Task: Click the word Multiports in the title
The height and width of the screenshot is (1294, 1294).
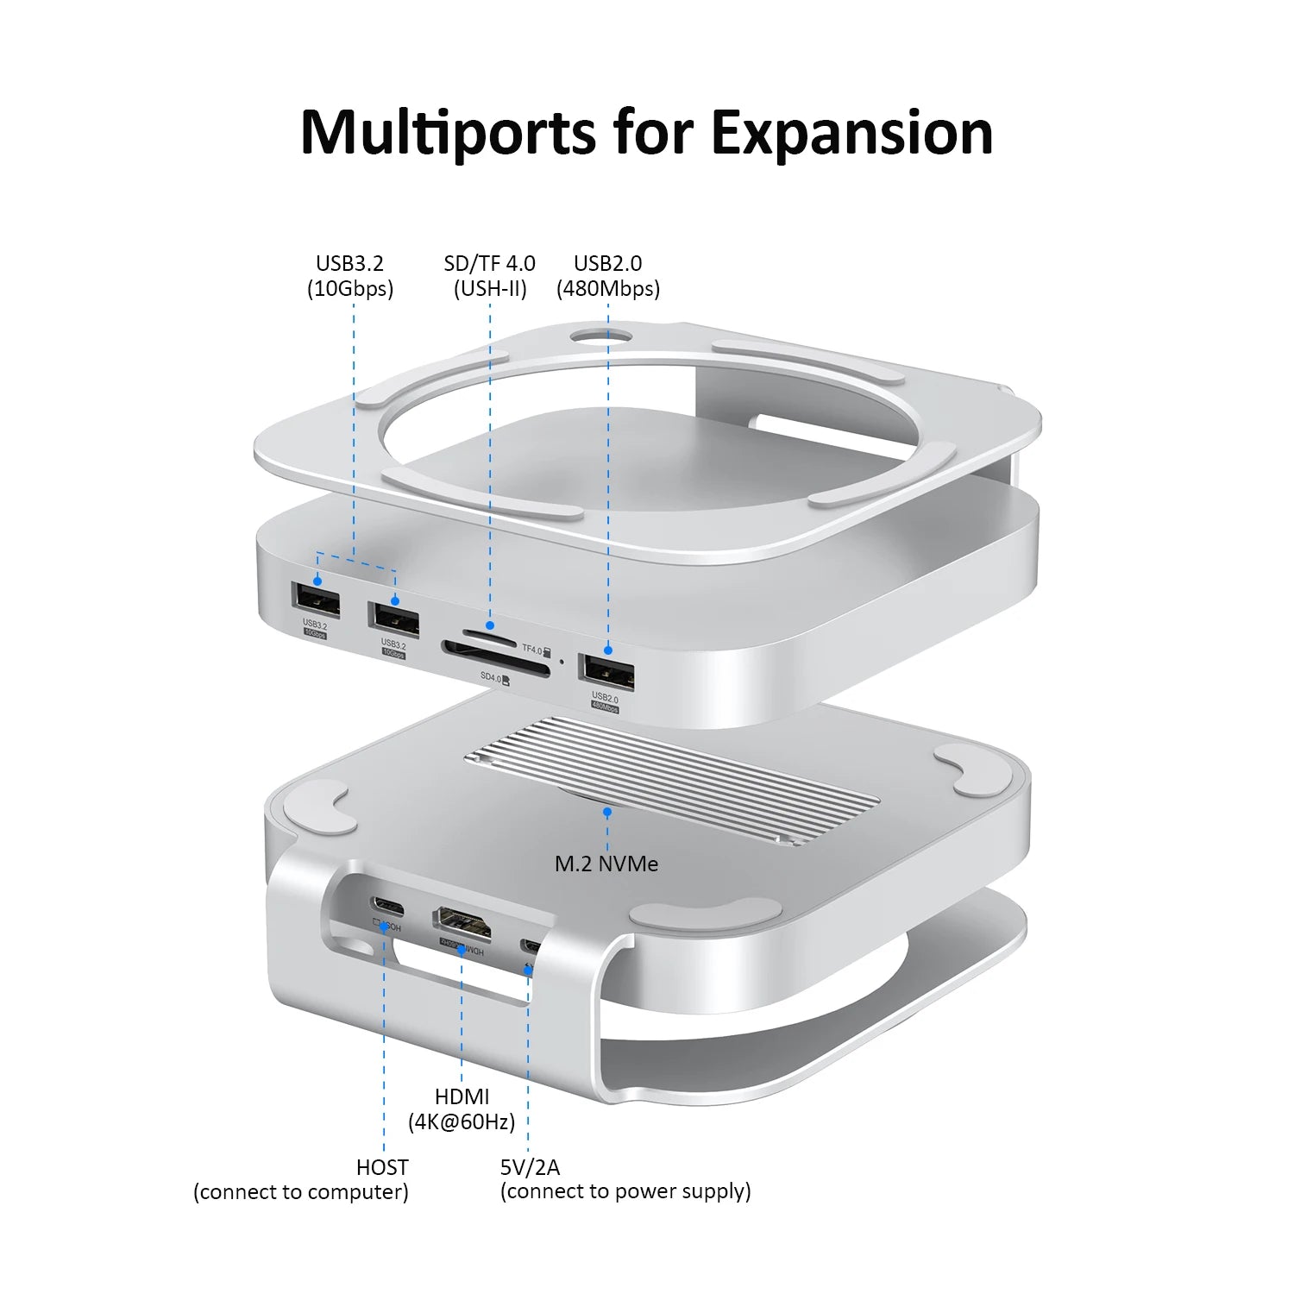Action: click(x=447, y=134)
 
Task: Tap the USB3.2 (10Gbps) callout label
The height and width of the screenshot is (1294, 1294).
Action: click(x=350, y=276)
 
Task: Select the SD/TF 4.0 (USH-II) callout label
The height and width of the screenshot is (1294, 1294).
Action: click(x=489, y=276)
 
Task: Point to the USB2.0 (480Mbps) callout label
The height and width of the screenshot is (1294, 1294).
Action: click(x=608, y=276)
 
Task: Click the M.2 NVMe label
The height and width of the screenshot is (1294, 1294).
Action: click(x=606, y=864)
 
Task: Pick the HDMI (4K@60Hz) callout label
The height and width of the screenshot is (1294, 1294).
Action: click(x=462, y=1109)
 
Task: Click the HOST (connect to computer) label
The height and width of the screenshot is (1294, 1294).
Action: click(x=301, y=1179)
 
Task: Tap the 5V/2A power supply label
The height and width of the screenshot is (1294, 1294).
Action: click(x=625, y=1179)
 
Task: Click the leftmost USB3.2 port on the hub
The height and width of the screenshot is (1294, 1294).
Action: click(x=316, y=600)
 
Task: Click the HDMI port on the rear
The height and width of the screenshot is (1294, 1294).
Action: click(x=462, y=923)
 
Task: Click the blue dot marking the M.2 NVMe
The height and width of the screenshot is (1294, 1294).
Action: click(x=607, y=812)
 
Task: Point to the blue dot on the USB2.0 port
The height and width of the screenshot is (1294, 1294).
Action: click(x=608, y=650)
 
